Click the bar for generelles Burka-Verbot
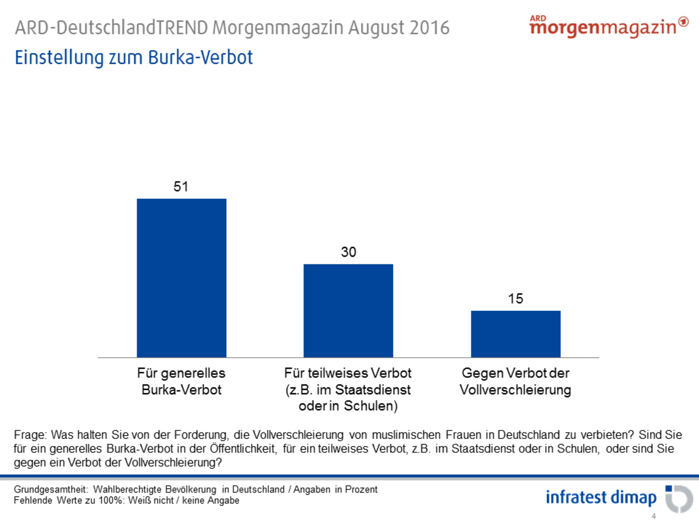click(x=181, y=278)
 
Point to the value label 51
click(x=181, y=187)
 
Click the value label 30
click(x=348, y=252)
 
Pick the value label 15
click(x=516, y=299)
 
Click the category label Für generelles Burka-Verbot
click(x=181, y=381)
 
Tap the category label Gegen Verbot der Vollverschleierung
click(x=516, y=381)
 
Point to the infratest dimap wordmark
click(x=601, y=498)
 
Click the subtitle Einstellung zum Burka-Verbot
click(x=134, y=58)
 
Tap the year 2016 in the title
click(x=430, y=28)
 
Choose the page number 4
click(x=654, y=516)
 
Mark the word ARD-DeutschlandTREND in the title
click(x=111, y=28)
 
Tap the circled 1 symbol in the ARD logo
click(x=684, y=23)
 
